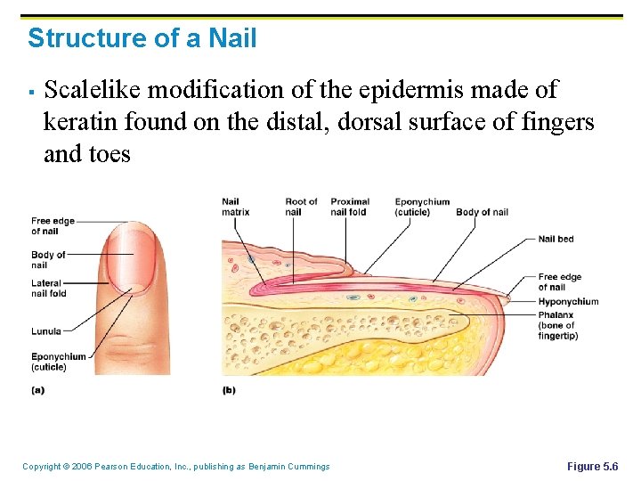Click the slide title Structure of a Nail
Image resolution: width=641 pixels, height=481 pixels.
[x=142, y=38]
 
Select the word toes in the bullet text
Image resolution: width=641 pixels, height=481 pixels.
[x=108, y=154]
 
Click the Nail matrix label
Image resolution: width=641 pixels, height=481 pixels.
[x=235, y=207]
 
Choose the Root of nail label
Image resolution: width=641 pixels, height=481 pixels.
[x=300, y=207]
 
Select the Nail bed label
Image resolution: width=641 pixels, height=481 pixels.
[x=556, y=239]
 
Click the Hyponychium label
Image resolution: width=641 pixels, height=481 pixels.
[x=568, y=301]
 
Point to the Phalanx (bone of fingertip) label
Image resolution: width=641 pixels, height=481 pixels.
[x=558, y=325]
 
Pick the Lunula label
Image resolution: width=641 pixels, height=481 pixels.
[x=46, y=331]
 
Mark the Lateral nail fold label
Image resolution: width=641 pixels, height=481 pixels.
[x=48, y=289]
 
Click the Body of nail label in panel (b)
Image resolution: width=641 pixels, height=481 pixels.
[x=482, y=212]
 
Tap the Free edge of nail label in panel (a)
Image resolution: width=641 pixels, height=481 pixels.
[x=53, y=225]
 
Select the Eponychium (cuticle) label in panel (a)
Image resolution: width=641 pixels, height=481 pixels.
[x=58, y=362]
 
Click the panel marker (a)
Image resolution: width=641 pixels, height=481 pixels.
[x=37, y=389]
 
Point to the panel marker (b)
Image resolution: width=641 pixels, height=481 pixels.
[x=229, y=389]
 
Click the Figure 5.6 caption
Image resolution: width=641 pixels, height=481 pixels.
[x=592, y=467]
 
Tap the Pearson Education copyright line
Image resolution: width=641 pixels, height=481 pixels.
[x=175, y=467]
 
